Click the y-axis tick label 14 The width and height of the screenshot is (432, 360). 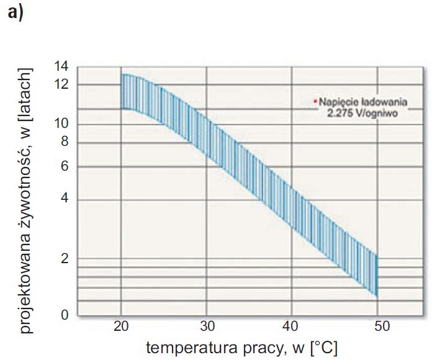click(x=61, y=66)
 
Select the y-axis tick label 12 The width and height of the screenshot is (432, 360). click(x=61, y=84)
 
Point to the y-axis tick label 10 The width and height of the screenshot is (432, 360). click(x=61, y=124)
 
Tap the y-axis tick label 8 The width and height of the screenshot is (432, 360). click(x=65, y=142)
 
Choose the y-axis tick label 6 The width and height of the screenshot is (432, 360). click(x=65, y=166)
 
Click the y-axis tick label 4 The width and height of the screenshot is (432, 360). click(x=65, y=199)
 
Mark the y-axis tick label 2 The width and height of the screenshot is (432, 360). click(x=65, y=258)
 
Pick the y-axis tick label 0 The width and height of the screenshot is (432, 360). click(x=65, y=315)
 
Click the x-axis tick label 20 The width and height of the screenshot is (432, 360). click(x=121, y=326)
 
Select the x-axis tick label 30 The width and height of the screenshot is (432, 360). click(x=207, y=326)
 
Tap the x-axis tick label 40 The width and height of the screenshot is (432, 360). click(x=290, y=326)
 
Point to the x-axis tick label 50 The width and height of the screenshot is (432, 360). click(x=382, y=326)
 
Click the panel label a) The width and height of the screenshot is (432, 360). click(x=16, y=12)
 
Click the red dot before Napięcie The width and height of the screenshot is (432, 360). click(x=315, y=101)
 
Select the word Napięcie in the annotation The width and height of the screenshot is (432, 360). click(x=339, y=102)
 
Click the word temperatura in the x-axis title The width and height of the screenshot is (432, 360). click(x=191, y=348)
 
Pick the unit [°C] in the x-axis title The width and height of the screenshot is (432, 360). click(x=324, y=348)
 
